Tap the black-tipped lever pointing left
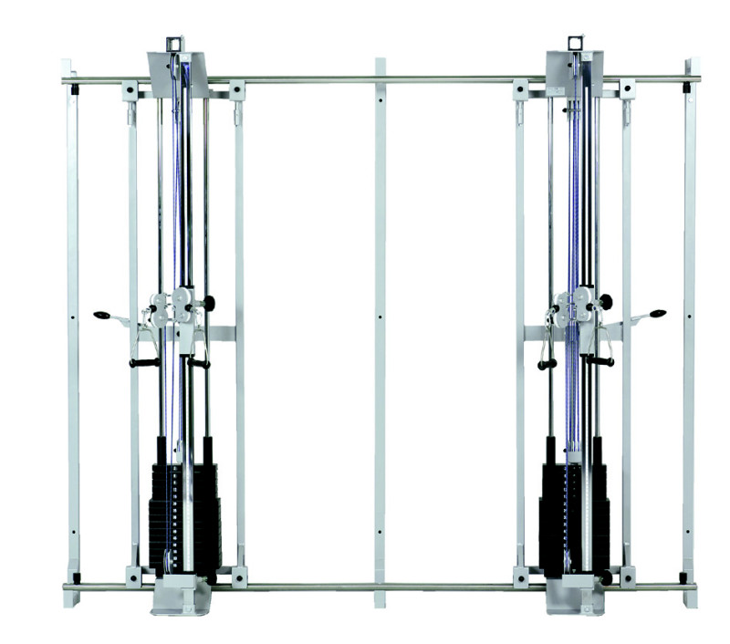(101, 316)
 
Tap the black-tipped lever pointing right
(657, 314)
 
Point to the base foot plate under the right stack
(575, 597)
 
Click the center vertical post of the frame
(380, 328)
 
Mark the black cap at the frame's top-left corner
(74, 90)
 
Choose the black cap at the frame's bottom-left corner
(75, 576)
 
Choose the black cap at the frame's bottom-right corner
(683, 576)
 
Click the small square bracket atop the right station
(575, 42)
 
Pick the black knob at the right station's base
(605, 577)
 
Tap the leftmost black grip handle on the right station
(547, 364)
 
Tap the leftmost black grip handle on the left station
(144, 362)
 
